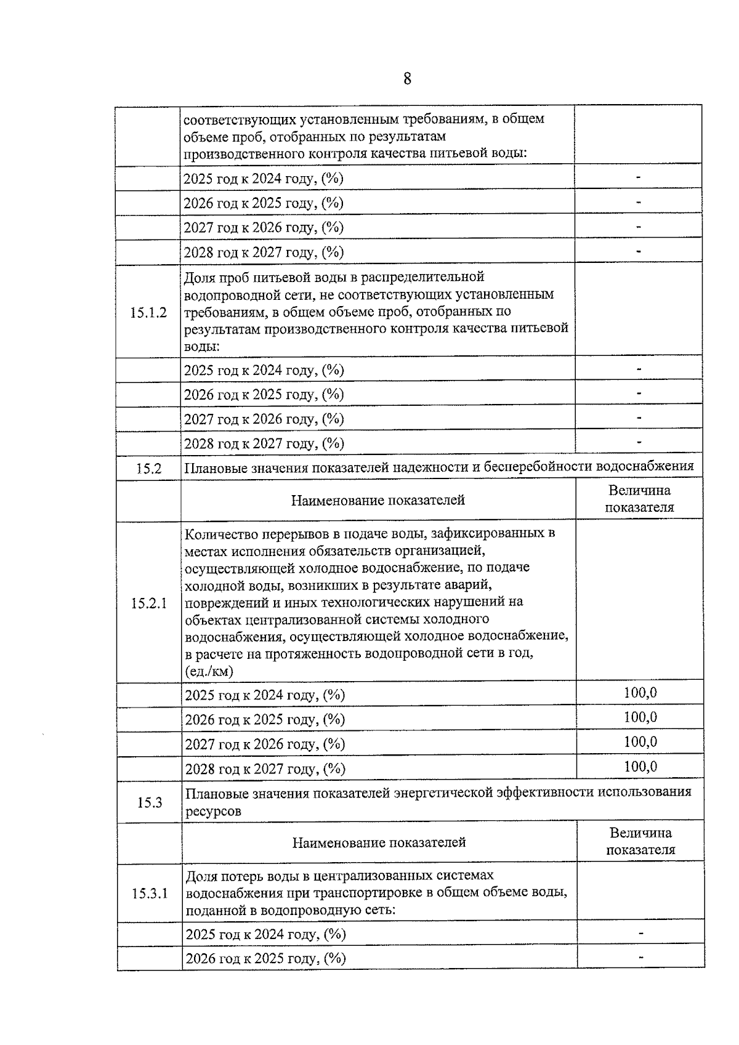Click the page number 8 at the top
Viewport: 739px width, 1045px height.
[x=407, y=79]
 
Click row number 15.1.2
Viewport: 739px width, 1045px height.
[x=148, y=312]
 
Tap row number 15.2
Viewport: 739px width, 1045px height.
[x=148, y=469]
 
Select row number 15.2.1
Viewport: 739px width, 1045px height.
[x=148, y=603]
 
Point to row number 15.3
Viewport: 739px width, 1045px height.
[x=149, y=802]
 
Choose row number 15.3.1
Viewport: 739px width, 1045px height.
[x=150, y=893]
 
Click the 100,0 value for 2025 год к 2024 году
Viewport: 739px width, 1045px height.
[x=640, y=693]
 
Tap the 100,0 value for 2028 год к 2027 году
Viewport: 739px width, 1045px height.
[x=640, y=767]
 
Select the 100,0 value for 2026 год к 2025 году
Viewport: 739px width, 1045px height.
[x=640, y=717]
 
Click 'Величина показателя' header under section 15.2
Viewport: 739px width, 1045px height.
[x=639, y=499]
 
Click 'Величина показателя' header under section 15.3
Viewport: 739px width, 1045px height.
[x=640, y=842]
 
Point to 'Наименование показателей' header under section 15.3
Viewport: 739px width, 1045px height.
[x=379, y=842]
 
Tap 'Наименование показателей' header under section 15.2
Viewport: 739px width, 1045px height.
[x=378, y=500]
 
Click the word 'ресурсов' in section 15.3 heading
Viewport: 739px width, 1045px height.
[x=213, y=812]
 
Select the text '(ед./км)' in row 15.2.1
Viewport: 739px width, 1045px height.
[x=209, y=671]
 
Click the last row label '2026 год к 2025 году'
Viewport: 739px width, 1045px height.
[x=265, y=958]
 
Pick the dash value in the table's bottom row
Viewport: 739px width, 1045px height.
[x=641, y=957]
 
